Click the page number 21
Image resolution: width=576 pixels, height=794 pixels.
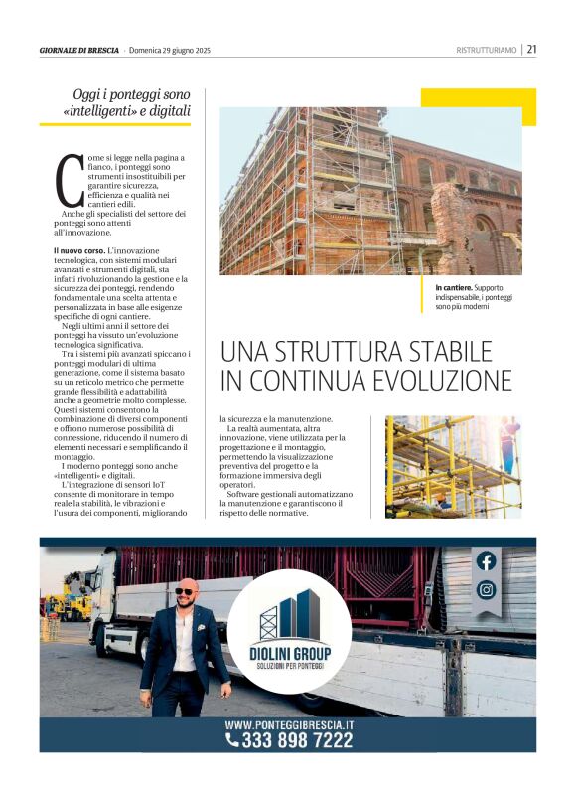point(532,49)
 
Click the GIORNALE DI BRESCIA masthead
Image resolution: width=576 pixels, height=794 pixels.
point(78,50)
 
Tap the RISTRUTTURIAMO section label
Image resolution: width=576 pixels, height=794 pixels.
point(487,50)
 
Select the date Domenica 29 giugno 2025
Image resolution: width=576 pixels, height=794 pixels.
point(176,50)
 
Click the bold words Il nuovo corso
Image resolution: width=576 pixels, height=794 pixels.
point(77,250)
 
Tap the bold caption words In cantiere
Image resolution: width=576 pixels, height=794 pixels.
point(453,287)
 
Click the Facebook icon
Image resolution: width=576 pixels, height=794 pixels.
point(486,561)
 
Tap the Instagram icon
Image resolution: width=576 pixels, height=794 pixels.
point(486,590)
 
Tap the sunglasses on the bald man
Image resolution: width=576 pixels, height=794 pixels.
point(185,591)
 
